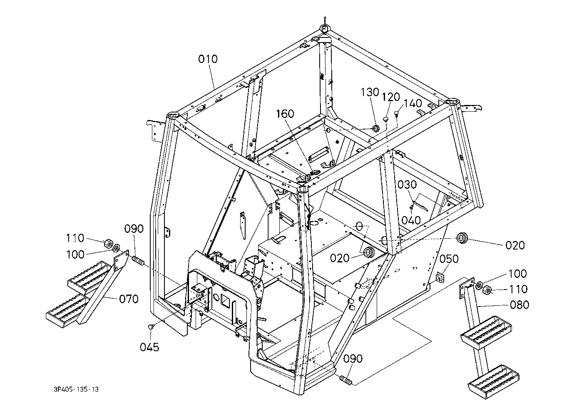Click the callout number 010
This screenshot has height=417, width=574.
(x=207, y=59)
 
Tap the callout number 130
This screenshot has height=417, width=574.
(x=370, y=92)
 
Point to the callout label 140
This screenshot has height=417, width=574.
(x=412, y=103)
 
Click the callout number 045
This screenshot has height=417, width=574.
(x=149, y=347)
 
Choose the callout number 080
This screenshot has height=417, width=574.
(x=519, y=305)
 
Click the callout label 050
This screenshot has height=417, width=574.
(x=449, y=259)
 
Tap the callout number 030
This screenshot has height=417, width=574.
(x=407, y=185)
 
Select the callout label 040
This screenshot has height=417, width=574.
(x=411, y=220)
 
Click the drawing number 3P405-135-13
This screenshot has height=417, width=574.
(x=76, y=390)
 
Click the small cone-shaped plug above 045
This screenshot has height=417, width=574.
(x=152, y=327)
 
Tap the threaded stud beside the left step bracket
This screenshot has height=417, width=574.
(x=138, y=262)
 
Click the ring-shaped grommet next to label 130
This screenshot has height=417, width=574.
(x=375, y=128)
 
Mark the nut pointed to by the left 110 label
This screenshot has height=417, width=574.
(x=107, y=242)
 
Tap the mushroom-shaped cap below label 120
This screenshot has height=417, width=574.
(x=386, y=119)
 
